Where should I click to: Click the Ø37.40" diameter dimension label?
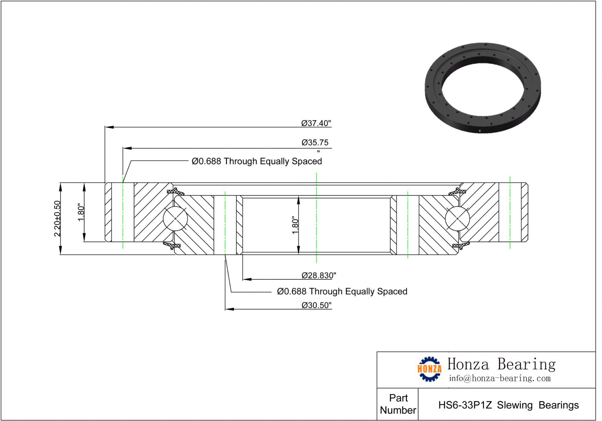point(316,123)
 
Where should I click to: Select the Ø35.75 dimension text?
point(315,142)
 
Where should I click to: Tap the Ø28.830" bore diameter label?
point(319,275)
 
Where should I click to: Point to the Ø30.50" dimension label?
point(316,305)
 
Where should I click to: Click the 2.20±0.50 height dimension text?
point(57,218)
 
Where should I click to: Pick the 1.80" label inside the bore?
point(295,225)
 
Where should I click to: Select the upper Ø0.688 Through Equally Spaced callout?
point(257,161)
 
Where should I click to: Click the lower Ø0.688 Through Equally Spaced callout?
point(342,291)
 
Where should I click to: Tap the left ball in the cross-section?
point(175,218)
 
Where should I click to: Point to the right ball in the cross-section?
point(457,218)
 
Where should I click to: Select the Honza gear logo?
point(430,369)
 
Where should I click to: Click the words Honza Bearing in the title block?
point(501,364)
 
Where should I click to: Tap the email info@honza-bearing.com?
point(500,378)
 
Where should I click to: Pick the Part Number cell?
point(398,404)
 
